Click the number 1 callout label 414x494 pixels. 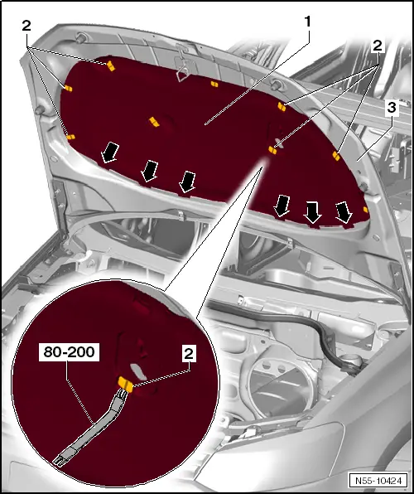coord(307,22)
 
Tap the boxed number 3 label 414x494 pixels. coord(392,108)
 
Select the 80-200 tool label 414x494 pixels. coord(69,352)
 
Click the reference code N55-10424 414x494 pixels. coord(378,481)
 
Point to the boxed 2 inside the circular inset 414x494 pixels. coord(189,353)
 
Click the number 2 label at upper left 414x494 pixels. coord(26,26)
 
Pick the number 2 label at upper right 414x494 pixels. coord(378,46)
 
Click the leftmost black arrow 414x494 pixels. coord(109,153)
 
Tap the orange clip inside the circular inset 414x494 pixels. coord(125,384)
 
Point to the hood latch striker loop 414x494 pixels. coord(183,72)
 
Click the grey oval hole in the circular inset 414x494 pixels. coord(138,371)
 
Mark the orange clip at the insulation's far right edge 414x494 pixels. coord(365,210)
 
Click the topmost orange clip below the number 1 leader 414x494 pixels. coord(214,84)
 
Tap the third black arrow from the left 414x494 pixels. coord(188,182)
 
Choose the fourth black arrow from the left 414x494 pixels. coord(282,206)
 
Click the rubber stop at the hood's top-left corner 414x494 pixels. coord(80,38)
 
